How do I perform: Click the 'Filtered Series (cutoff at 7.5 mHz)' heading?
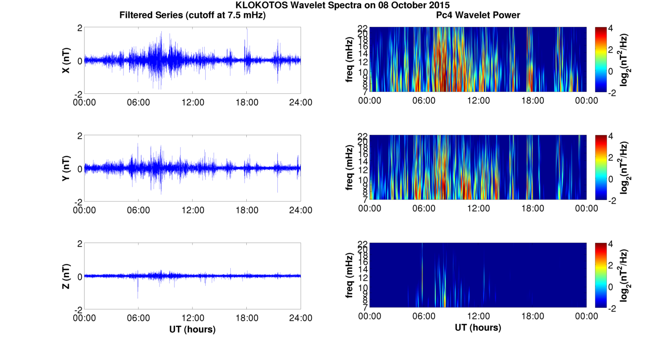click(192, 15)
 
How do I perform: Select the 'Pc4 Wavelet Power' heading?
click(478, 15)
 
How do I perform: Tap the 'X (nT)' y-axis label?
click(66, 60)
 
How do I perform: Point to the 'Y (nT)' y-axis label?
click(66, 169)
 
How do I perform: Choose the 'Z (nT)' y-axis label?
click(66, 276)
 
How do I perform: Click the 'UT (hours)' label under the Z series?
click(192, 329)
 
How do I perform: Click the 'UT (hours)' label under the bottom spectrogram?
click(478, 327)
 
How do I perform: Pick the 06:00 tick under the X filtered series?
click(138, 102)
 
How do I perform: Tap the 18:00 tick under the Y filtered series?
click(247, 210)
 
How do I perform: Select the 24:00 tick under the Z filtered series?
click(301, 318)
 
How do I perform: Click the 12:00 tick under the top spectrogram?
click(478, 101)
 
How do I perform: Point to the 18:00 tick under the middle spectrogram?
click(532, 208)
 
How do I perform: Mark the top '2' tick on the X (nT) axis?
click(80, 28)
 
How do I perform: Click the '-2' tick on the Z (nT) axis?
click(78, 309)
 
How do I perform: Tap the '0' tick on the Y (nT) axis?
click(80, 169)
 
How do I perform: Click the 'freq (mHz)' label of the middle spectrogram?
click(350, 168)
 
